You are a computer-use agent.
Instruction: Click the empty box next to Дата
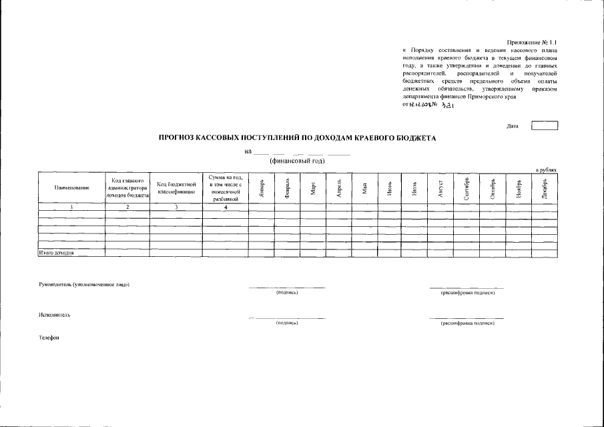[544, 125]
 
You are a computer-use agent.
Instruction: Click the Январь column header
[262, 188]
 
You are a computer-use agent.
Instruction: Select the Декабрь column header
[544, 188]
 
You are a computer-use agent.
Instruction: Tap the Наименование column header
[71, 188]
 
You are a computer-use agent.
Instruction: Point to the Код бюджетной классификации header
[176, 188]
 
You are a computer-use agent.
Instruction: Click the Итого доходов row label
[55, 254]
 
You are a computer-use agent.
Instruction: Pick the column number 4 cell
[226, 207]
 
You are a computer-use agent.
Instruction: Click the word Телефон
[49, 338]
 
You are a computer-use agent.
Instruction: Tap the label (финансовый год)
[297, 161]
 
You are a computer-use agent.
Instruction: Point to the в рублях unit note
[547, 170]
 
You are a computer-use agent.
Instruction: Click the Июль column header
[414, 188]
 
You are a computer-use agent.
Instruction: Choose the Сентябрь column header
[467, 188]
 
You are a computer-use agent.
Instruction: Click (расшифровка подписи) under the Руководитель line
[467, 293]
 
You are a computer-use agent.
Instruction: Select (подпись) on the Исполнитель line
[286, 323]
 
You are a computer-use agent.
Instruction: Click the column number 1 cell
[71, 207]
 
